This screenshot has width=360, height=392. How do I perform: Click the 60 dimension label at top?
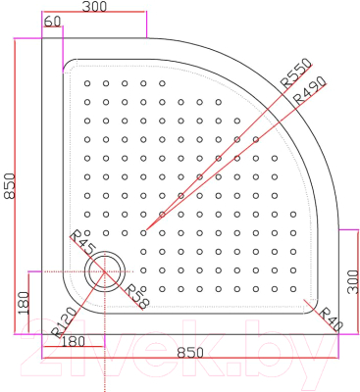53,22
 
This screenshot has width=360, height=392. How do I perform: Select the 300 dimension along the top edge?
94,7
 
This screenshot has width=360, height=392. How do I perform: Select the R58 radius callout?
135,297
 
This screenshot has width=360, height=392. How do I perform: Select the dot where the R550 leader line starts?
143,232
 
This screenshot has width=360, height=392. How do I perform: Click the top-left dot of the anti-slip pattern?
87,82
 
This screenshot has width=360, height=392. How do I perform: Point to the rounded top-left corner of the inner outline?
69,68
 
